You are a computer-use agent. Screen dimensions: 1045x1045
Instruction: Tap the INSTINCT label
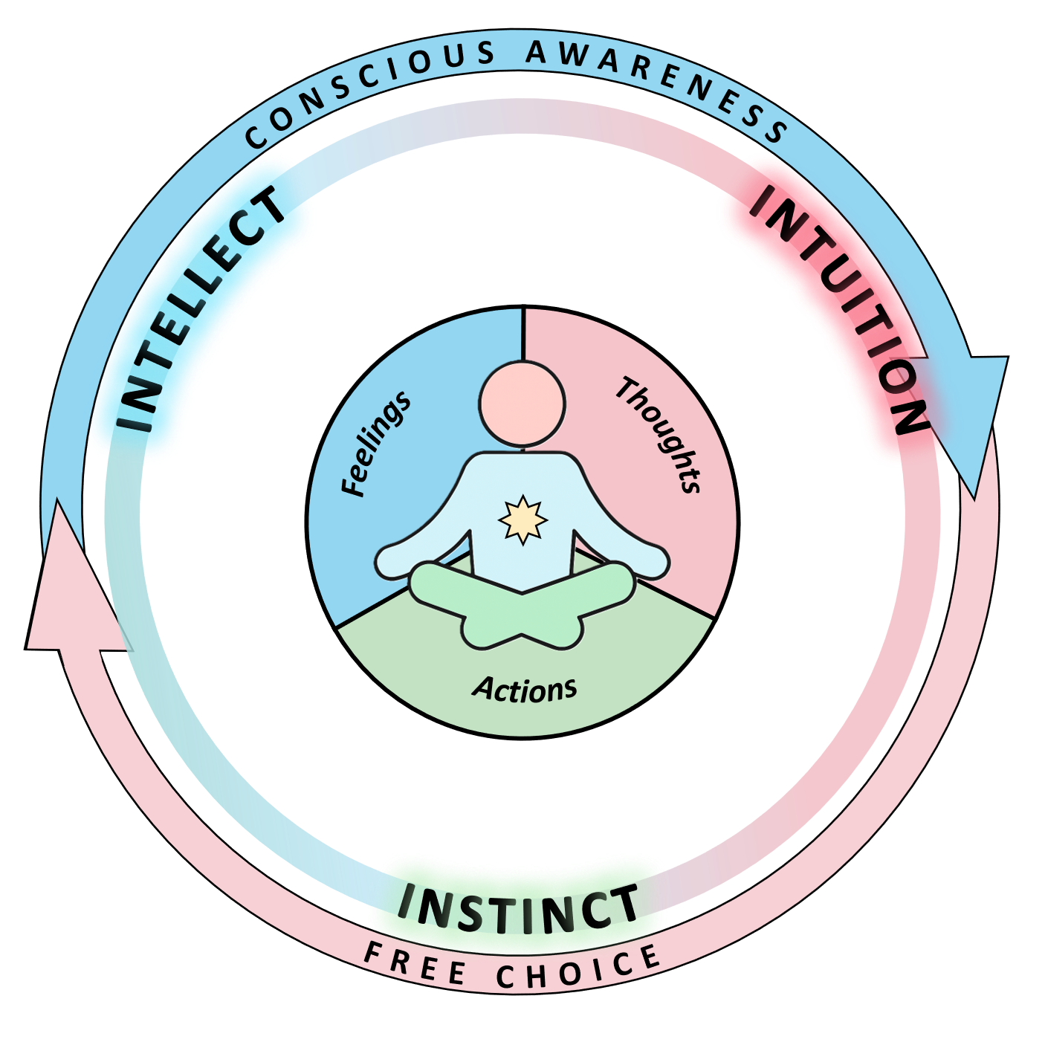[x=518, y=908]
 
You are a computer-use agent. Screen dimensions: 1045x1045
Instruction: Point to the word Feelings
[x=376, y=444]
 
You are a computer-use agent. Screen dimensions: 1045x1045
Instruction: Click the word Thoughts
[x=659, y=435]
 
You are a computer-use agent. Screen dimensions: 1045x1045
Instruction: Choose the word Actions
[x=525, y=689]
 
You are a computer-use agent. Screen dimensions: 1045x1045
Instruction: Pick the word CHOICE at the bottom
[x=579, y=970]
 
